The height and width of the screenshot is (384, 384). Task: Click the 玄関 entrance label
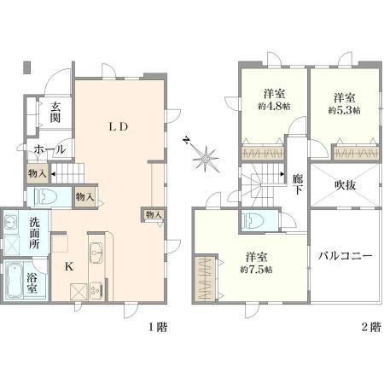[55, 113]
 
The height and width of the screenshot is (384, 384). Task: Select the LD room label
[118, 127]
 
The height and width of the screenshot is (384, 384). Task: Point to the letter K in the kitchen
[69, 265]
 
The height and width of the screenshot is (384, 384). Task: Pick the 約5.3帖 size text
[344, 111]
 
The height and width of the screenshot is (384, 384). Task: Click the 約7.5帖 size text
[256, 270]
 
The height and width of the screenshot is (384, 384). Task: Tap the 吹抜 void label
[345, 183]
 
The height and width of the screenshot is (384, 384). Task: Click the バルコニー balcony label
[346, 255]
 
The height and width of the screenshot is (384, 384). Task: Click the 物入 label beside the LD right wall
[154, 215]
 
